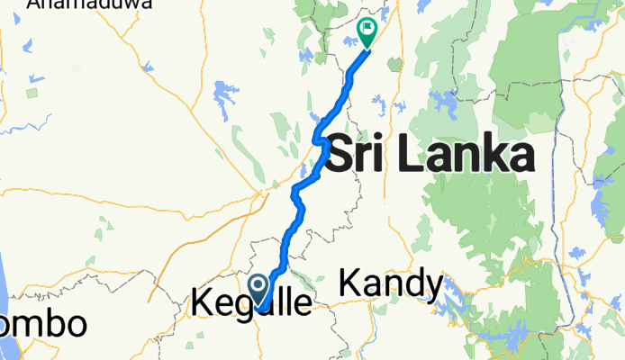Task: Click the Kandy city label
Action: click(x=391, y=284)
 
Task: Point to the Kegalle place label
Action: click(x=252, y=303)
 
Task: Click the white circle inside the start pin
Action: click(x=258, y=287)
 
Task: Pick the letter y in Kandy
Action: click(x=432, y=288)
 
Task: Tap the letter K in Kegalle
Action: click(x=202, y=302)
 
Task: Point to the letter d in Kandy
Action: click(x=412, y=284)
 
